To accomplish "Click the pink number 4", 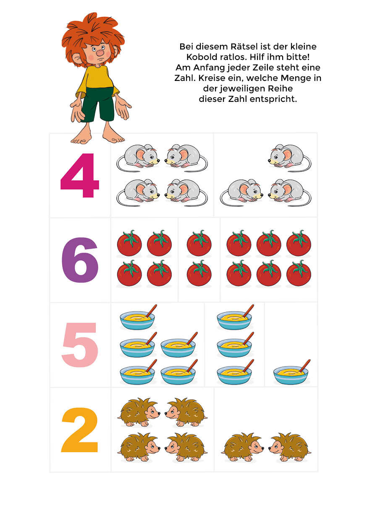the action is pyautogui.click(x=80, y=175).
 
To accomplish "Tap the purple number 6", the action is pyautogui.click(x=80, y=260).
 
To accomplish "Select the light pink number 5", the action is pyautogui.click(x=80, y=345).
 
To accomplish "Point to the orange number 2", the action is pyautogui.click(x=79, y=429).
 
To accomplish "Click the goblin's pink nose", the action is pyautogui.click(x=100, y=53).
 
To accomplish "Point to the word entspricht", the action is pyautogui.click(x=273, y=99).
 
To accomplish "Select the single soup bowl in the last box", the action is pyautogui.click(x=291, y=372).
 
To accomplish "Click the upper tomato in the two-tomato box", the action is pyautogui.click(x=199, y=243).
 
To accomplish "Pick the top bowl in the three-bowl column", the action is pyautogui.click(x=235, y=317).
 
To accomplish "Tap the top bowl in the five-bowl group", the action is pyautogui.click(x=138, y=317).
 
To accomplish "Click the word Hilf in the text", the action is pyautogui.click(x=256, y=57).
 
